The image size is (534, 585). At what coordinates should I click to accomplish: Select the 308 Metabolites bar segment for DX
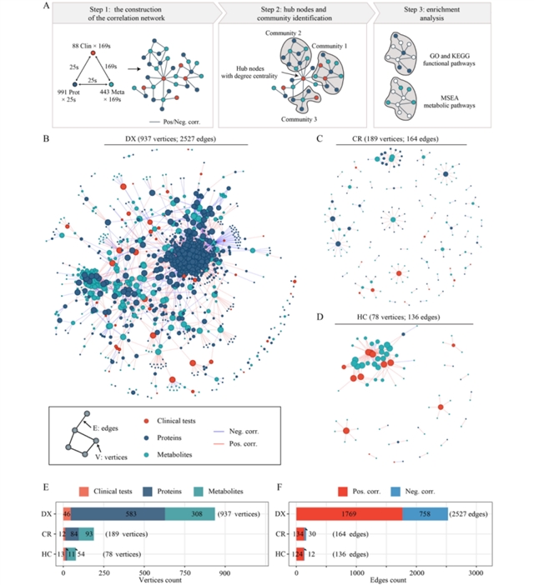click(x=189, y=514)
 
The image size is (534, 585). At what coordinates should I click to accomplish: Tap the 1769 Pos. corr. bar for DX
click(x=349, y=514)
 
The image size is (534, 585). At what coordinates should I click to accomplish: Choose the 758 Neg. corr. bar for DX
click(x=425, y=514)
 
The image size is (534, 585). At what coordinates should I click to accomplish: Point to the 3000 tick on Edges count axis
click(x=476, y=572)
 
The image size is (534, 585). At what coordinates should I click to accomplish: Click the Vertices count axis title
click(x=139, y=580)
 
